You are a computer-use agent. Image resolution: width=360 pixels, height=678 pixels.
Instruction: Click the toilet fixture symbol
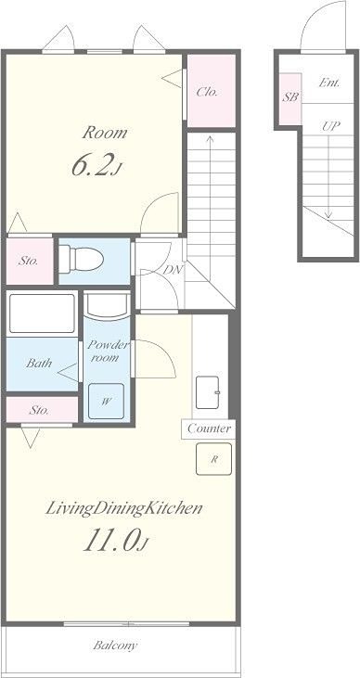pyautogui.click(x=81, y=259)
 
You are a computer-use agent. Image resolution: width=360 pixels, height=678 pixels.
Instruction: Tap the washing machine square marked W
pyautogui.click(x=106, y=402)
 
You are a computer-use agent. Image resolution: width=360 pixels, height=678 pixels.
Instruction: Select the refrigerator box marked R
pyautogui.click(x=213, y=459)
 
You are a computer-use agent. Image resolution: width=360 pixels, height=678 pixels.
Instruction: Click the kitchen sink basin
pyautogui.click(x=208, y=392)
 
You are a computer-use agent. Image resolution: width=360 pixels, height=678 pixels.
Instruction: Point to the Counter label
pyautogui.click(x=209, y=429)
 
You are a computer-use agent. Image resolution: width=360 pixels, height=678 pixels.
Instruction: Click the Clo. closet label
pyautogui.click(x=207, y=92)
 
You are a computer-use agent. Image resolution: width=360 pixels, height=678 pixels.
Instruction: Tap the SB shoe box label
pyautogui.click(x=290, y=97)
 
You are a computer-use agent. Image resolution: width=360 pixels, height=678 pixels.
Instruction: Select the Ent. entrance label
pyautogui.click(x=329, y=83)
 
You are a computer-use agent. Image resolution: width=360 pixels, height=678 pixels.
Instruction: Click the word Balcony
pyautogui.click(x=115, y=646)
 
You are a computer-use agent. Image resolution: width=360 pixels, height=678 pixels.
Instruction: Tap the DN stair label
pyautogui.click(x=174, y=270)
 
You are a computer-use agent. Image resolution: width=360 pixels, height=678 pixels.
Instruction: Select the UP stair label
pyautogui.click(x=330, y=126)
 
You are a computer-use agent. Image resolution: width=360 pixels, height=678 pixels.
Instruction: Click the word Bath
pyautogui.click(x=39, y=363)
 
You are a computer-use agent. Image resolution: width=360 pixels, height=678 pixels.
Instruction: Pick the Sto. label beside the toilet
pyautogui.click(x=28, y=261)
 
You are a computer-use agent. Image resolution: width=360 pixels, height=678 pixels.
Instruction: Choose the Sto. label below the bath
pyautogui.click(x=39, y=410)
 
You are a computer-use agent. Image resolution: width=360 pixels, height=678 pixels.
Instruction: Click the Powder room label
pyautogui.click(x=109, y=352)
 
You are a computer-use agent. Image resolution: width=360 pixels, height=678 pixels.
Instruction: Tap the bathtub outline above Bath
pyautogui.click(x=42, y=313)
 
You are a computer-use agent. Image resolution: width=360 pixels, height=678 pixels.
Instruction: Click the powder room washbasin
pyautogui.click(x=107, y=304)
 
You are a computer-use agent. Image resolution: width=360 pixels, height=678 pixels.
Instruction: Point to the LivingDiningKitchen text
pyautogui.click(x=124, y=508)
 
